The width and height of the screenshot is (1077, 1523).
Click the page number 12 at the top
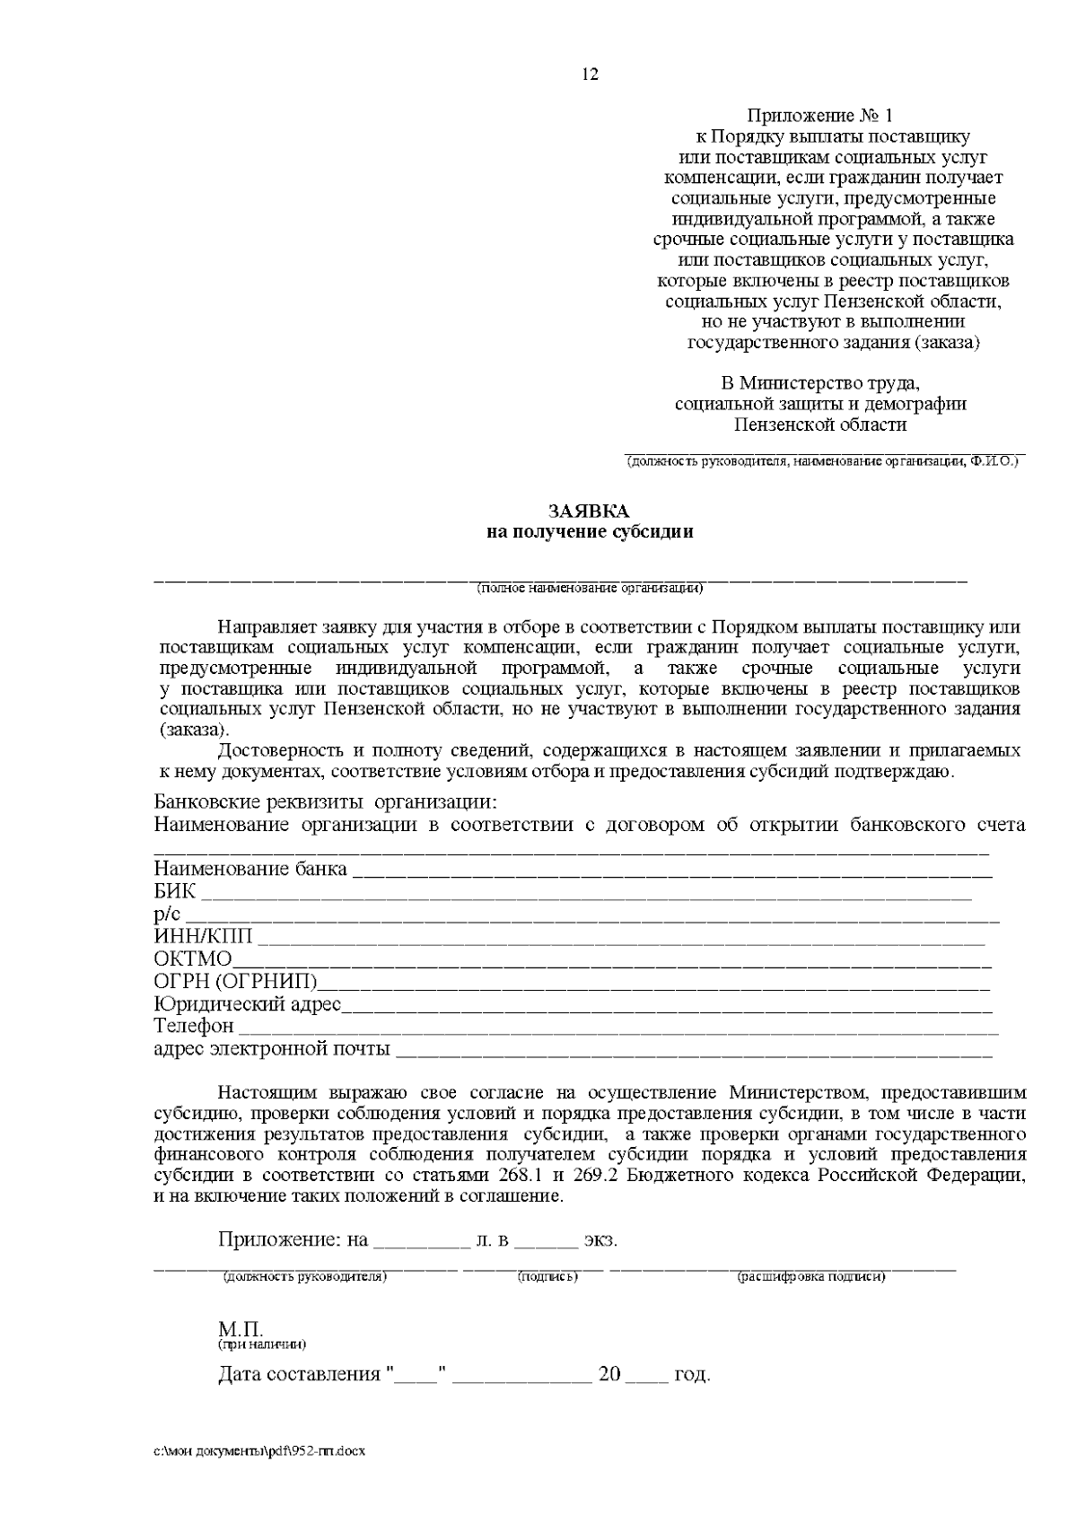[x=590, y=74]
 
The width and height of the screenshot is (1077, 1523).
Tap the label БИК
[x=174, y=893]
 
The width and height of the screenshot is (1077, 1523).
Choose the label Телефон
[x=194, y=1026]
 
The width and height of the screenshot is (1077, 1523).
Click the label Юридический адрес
[x=248, y=1004]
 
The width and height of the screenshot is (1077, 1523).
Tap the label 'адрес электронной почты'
[x=272, y=1048]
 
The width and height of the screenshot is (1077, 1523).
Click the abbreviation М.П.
[x=241, y=1329]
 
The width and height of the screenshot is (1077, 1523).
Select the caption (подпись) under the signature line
[x=547, y=1276]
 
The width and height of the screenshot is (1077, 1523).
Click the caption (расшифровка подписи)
[x=811, y=1276]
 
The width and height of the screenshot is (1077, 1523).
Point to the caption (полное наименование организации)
[x=590, y=589]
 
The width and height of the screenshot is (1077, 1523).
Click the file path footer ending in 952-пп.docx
[x=260, y=1451]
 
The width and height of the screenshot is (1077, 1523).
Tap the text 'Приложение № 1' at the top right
[x=820, y=116]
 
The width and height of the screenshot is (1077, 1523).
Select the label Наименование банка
[x=250, y=869]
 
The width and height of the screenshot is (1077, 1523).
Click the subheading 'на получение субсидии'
[x=590, y=531]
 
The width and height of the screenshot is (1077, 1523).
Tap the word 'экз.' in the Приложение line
[x=600, y=1241]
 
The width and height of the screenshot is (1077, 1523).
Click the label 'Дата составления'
[x=299, y=1375]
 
